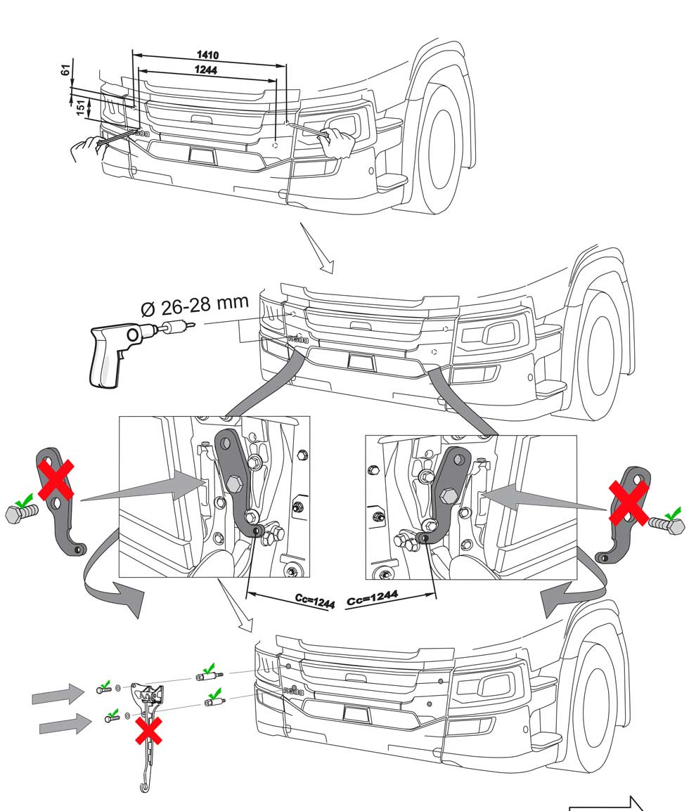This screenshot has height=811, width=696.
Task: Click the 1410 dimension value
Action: [208, 56]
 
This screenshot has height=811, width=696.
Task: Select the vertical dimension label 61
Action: [65, 71]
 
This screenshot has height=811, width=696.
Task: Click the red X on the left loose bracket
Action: [56, 479]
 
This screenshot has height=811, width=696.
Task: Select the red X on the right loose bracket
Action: [629, 502]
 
